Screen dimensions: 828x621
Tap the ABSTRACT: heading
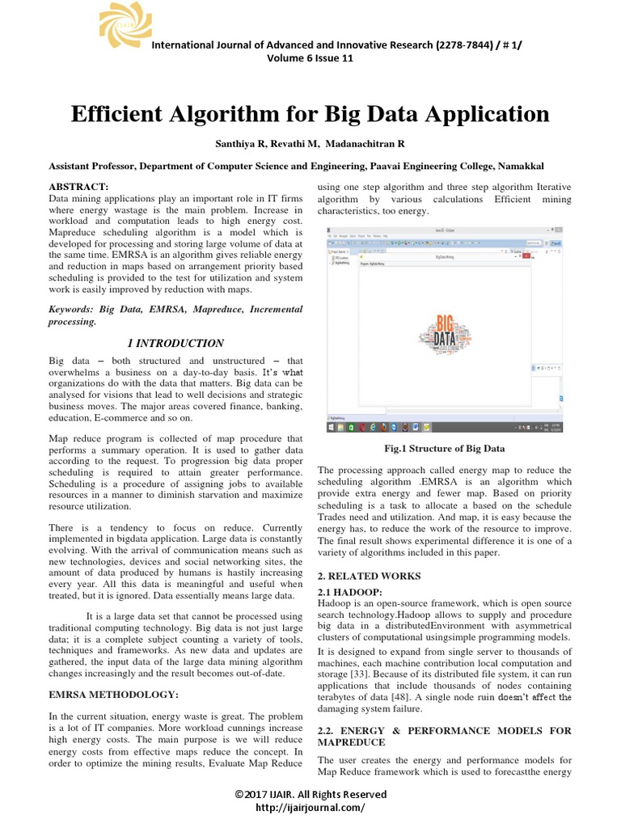[x=79, y=187]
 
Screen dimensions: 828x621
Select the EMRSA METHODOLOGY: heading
[x=113, y=695]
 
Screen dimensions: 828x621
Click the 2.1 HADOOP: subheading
[x=352, y=593]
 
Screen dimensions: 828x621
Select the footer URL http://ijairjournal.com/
[x=310, y=807]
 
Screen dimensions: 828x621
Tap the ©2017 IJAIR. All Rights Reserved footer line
[x=310, y=794]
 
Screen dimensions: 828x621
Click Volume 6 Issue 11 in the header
[x=310, y=57]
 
